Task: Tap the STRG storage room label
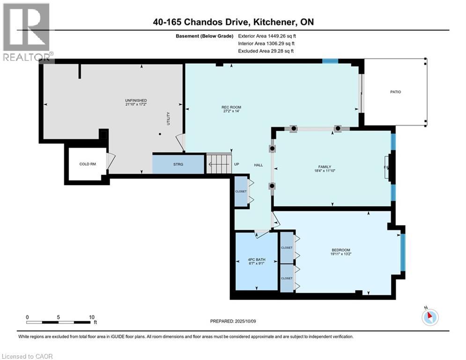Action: tap(178, 164)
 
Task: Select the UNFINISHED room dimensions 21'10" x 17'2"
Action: tap(136, 105)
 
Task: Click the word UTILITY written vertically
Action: tap(168, 118)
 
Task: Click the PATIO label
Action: tap(395, 92)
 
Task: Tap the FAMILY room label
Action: tap(325, 167)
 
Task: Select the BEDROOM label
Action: tap(340, 250)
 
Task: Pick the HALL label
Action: tap(259, 165)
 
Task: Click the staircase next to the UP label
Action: tap(219, 164)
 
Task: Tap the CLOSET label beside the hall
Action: tap(241, 191)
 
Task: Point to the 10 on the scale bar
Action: tap(92, 317)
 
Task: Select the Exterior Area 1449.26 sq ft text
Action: tap(267, 36)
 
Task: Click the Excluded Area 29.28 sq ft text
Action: tap(266, 51)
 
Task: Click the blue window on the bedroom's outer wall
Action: tap(402, 252)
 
